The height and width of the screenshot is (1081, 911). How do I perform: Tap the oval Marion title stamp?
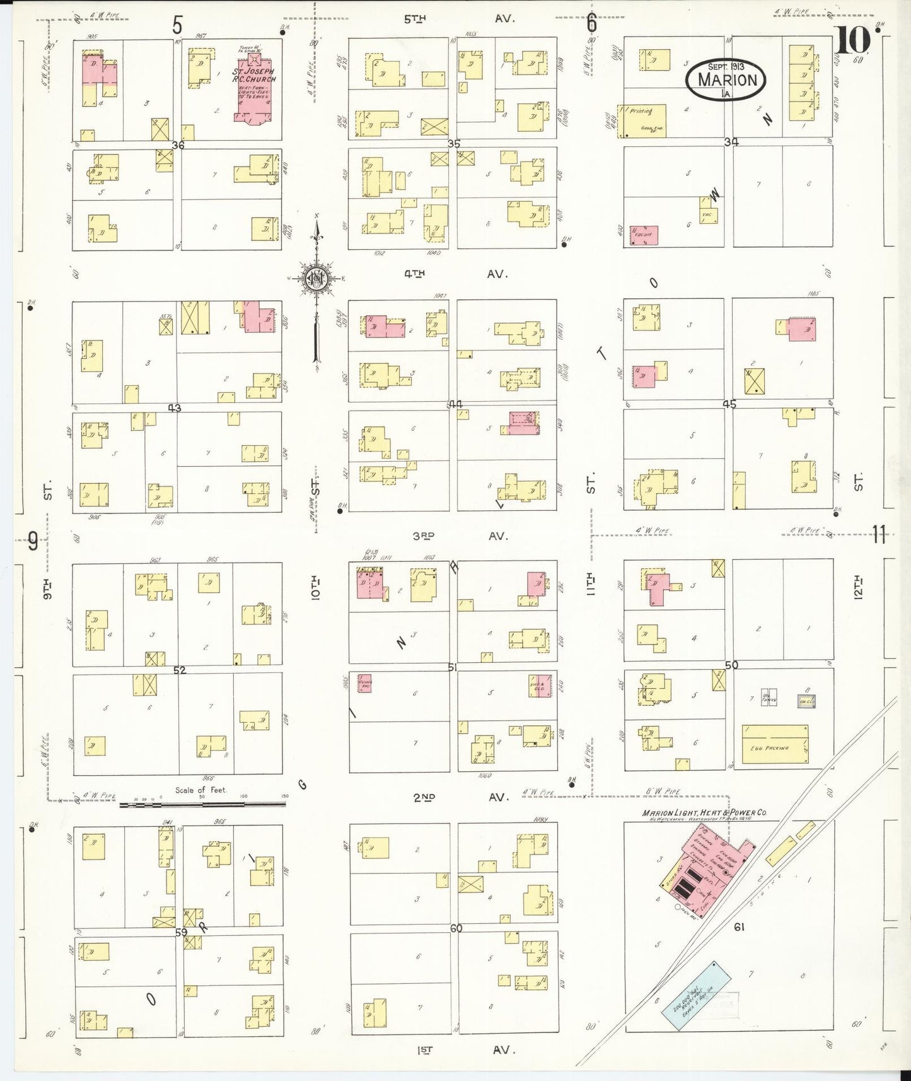(x=726, y=80)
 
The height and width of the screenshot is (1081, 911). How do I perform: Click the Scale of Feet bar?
(x=202, y=804)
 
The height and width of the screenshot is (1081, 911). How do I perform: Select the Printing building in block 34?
(x=642, y=120)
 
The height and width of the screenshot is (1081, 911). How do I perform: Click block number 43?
(x=174, y=408)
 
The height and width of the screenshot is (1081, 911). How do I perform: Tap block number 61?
(x=740, y=927)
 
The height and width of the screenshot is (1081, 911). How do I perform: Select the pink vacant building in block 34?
(x=644, y=235)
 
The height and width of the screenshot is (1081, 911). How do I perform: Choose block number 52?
(x=180, y=670)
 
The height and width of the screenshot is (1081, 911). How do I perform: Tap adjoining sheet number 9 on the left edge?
(x=33, y=540)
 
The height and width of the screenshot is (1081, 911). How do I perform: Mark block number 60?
(x=456, y=928)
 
